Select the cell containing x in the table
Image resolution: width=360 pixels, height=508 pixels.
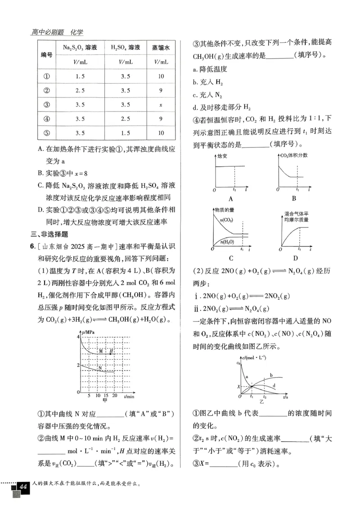pos(160,105)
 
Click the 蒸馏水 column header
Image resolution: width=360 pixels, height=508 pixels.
pos(160,47)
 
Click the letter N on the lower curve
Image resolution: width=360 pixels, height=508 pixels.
pos(100,367)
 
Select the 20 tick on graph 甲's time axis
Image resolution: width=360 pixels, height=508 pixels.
pos(114,396)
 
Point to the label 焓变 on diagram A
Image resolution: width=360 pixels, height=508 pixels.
pos(222,157)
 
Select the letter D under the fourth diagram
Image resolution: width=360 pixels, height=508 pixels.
pos(296,258)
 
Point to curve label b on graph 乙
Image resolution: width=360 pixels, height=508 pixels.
pos(271,374)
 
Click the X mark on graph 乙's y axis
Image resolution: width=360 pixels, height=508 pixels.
pos(239,386)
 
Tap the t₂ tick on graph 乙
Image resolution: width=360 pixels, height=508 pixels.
pos(265,397)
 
